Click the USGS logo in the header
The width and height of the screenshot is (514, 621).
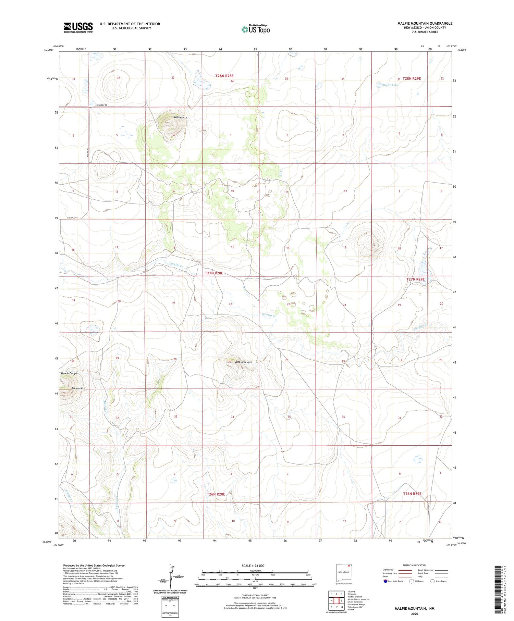(78, 27)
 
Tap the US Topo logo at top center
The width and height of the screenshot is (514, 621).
(255, 29)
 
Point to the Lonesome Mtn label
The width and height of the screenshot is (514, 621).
(243, 362)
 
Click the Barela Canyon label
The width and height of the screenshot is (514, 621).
(70, 373)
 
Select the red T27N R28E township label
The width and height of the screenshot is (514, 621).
(214, 273)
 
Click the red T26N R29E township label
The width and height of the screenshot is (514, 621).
(412, 494)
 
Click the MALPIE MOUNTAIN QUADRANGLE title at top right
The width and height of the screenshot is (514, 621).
(425, 23)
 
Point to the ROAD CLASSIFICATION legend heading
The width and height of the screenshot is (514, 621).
(415, 566)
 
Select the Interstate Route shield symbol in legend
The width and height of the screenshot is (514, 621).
(385, 581)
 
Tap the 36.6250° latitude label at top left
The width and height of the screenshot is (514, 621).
(49, 50)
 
